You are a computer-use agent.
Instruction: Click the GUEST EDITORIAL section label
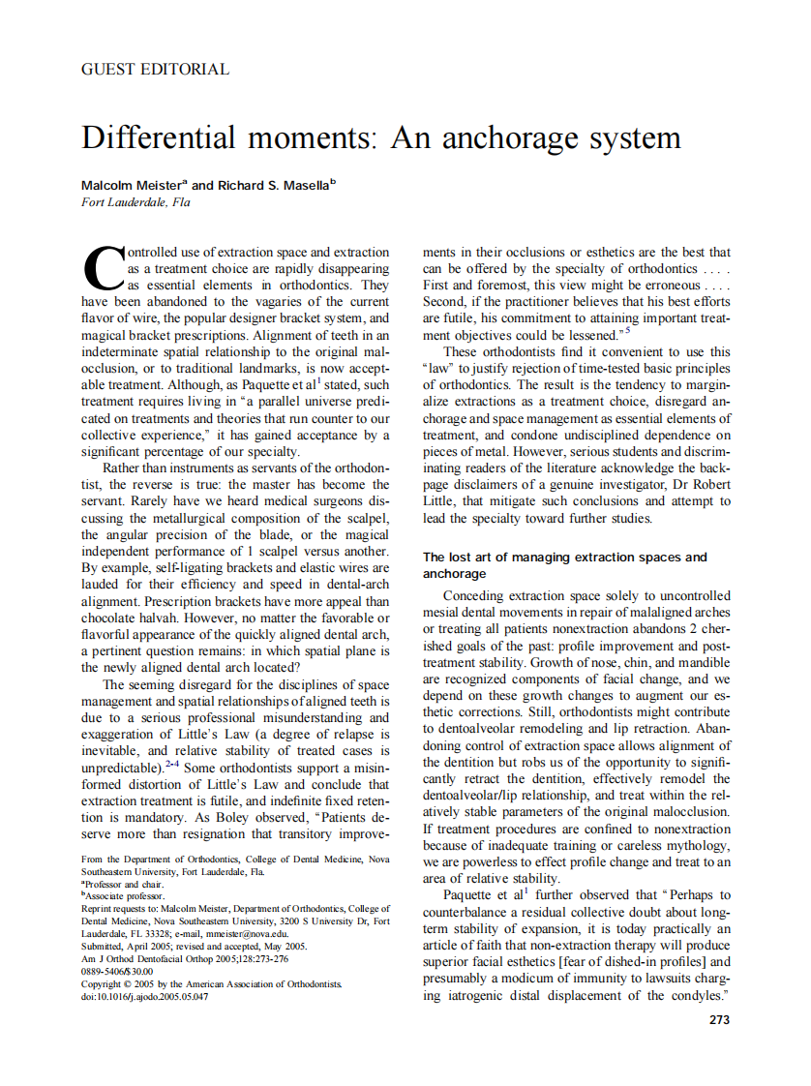(155, 70)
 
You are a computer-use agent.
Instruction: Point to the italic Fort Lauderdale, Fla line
(135, 202)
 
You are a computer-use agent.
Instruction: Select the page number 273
(719, 1019)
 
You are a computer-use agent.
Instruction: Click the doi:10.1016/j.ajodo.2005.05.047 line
(145, 996)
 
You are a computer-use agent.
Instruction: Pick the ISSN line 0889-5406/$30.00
(117, 971)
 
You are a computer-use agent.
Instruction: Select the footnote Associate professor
(124, 896)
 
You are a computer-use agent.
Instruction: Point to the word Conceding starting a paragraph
(474, 596)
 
